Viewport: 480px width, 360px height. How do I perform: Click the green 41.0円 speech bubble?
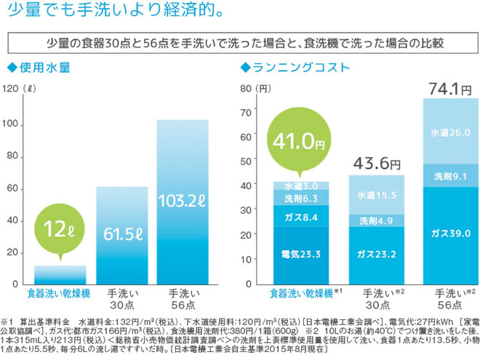click(x=296, y=141)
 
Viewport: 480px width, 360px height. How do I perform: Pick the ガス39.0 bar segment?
click(x=450, y=234)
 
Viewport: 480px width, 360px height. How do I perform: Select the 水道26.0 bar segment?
click(x=450, y=132)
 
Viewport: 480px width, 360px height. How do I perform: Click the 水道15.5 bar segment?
click(x=377, y=194)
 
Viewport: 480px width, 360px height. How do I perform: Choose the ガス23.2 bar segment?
click(x=377, y=254)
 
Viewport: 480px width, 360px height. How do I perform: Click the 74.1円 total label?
click(x=451, y=89)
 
